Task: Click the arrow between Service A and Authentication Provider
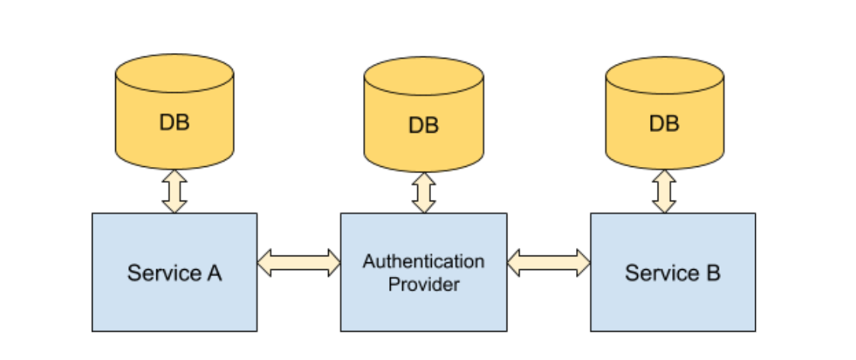pos(298,262)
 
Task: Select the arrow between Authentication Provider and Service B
pos(549,262)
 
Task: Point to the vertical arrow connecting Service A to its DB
pos(175,191)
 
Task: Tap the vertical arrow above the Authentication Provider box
pos(423,192)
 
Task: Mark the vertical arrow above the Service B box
pos(664,191)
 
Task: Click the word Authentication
pos(423,262)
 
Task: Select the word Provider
pos(423,284)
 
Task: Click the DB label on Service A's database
pos(174,122)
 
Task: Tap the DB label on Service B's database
pos(664,122)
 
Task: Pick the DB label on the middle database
pos(423,125)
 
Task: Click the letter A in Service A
pos(214,273)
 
